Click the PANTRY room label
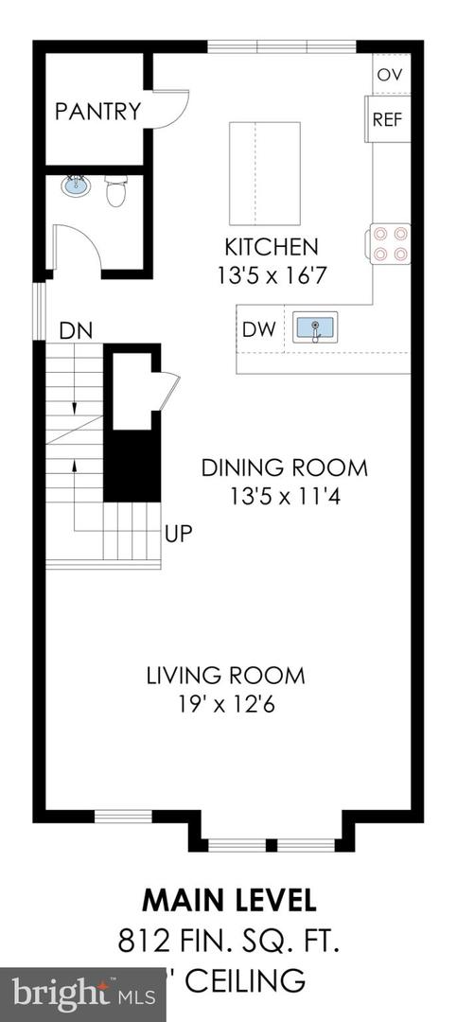pos(97,112)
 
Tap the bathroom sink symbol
pos(76,185)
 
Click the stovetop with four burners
pos(390,241)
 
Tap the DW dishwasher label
pos(257,329)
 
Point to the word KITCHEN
pos(271,248)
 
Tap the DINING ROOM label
pos(284,467)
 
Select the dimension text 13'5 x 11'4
pos(283,495)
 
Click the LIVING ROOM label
pos(225,676)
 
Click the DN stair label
pos(76,331)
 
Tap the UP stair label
pos(179,534)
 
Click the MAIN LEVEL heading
pos(229,898)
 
